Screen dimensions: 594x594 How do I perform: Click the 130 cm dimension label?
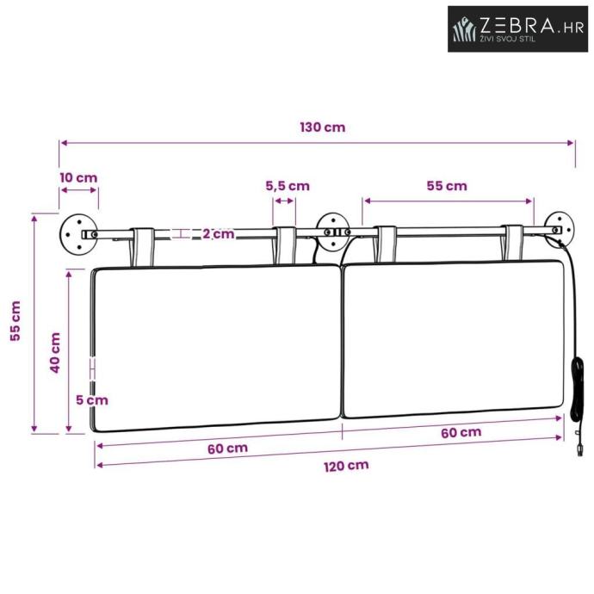[322, 127]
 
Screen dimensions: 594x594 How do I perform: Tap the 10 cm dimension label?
[78, 177]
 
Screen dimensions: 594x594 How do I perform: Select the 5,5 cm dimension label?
[288, 186]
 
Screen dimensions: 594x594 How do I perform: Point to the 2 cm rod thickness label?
[218, 234]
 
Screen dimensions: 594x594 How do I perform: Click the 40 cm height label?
[55, 353]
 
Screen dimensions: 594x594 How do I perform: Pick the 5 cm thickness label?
[92, 400]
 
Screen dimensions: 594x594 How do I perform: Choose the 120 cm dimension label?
[346, 466]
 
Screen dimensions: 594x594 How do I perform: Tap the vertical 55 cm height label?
[15, 321]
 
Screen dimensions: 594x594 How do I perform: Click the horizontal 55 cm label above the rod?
[447, 186]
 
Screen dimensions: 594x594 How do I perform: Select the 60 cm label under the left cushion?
[227, 449]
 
